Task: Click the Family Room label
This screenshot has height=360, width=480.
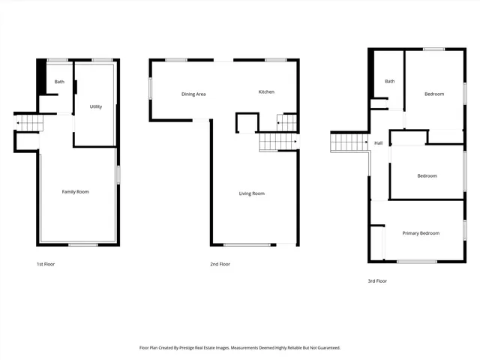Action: (75, 192)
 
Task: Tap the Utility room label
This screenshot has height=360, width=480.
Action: (96, 106)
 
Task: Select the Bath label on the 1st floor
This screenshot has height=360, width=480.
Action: (59, 82)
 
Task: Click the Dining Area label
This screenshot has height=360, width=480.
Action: (193, 94)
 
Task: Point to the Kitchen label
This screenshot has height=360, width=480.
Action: (266, 91)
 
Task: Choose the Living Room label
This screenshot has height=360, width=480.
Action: (251, 193)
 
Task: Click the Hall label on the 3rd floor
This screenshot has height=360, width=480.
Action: (379, 142)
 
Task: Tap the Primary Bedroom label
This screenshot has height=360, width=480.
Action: (420, 233)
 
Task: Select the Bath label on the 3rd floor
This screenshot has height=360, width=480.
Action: (390, 81)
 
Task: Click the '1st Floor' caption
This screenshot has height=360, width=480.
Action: (46, 264)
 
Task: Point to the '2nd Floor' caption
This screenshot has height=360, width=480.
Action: (220, 264)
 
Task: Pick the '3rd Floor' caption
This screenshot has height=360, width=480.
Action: (377, 280)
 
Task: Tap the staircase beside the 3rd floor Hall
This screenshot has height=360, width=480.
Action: (349, 142)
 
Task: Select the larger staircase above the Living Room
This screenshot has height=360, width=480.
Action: (278, 142)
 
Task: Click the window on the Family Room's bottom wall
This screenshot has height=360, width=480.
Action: (82, 244)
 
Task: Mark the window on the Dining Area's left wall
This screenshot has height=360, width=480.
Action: (150, 87)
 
